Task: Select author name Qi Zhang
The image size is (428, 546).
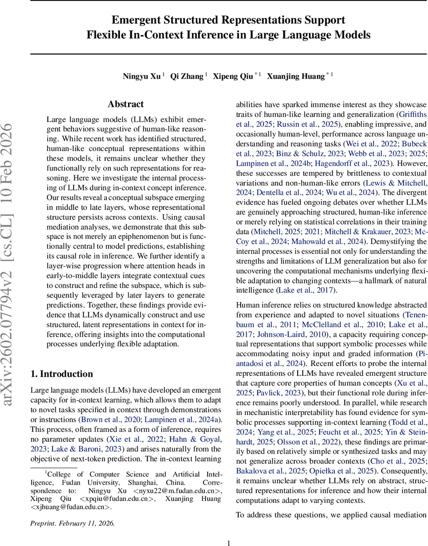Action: (186, 76)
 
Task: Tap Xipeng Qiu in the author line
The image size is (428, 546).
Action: (235, 76)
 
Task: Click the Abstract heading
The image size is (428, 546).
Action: (125, 104)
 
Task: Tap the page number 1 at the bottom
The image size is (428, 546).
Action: (229, 543)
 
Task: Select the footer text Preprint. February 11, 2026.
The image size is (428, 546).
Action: (72, 523)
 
